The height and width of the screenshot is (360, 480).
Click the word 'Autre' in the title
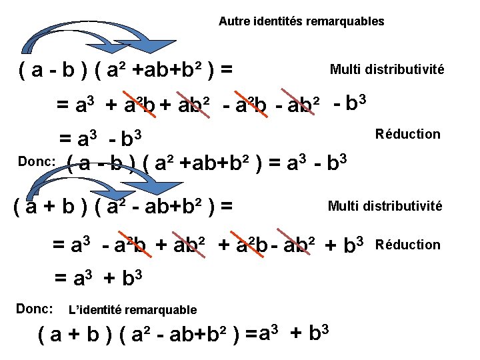[x=232, y=21]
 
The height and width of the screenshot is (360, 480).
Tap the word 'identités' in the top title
[x=273, y=21]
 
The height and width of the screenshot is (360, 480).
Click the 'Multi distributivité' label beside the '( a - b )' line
[x=387, y=69]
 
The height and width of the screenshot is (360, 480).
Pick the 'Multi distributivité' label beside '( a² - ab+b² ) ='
[x=385, y=206]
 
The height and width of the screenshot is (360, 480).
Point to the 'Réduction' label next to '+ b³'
[x=408, y=245]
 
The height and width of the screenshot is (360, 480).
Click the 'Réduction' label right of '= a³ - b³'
[x=408, y=134]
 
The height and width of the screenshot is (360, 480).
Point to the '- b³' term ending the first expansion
[x=351, y=103]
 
